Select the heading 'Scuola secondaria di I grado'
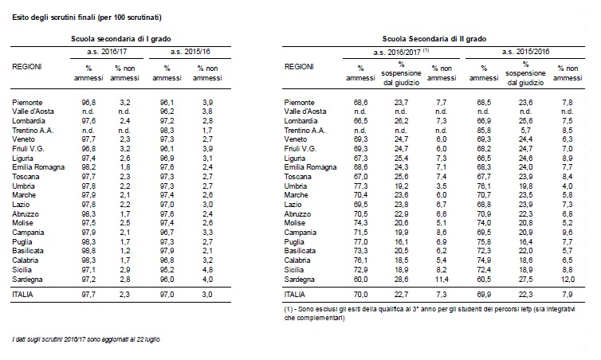[120, 39]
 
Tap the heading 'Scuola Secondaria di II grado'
[434, 39]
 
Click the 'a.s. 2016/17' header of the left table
[107, 52]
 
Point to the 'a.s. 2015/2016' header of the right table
[525, 52]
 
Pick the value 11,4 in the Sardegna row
[442, 280]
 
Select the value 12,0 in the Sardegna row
[568, 280]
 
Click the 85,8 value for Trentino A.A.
[484, 130]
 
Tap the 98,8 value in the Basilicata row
[88, 251]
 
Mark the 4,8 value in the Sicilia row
[207, 270]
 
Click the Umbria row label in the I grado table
[23, 186]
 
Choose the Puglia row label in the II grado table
[294, 241]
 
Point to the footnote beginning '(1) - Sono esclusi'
[430, 313]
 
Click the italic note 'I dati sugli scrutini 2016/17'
[86, 339]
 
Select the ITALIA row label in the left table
[22, 295]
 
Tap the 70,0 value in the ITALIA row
[360, 295]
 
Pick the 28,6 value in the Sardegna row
[401, 280]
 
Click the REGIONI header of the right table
[299, 67]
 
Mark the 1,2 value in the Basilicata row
[125, 251]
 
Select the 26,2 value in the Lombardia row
[401, 121]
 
